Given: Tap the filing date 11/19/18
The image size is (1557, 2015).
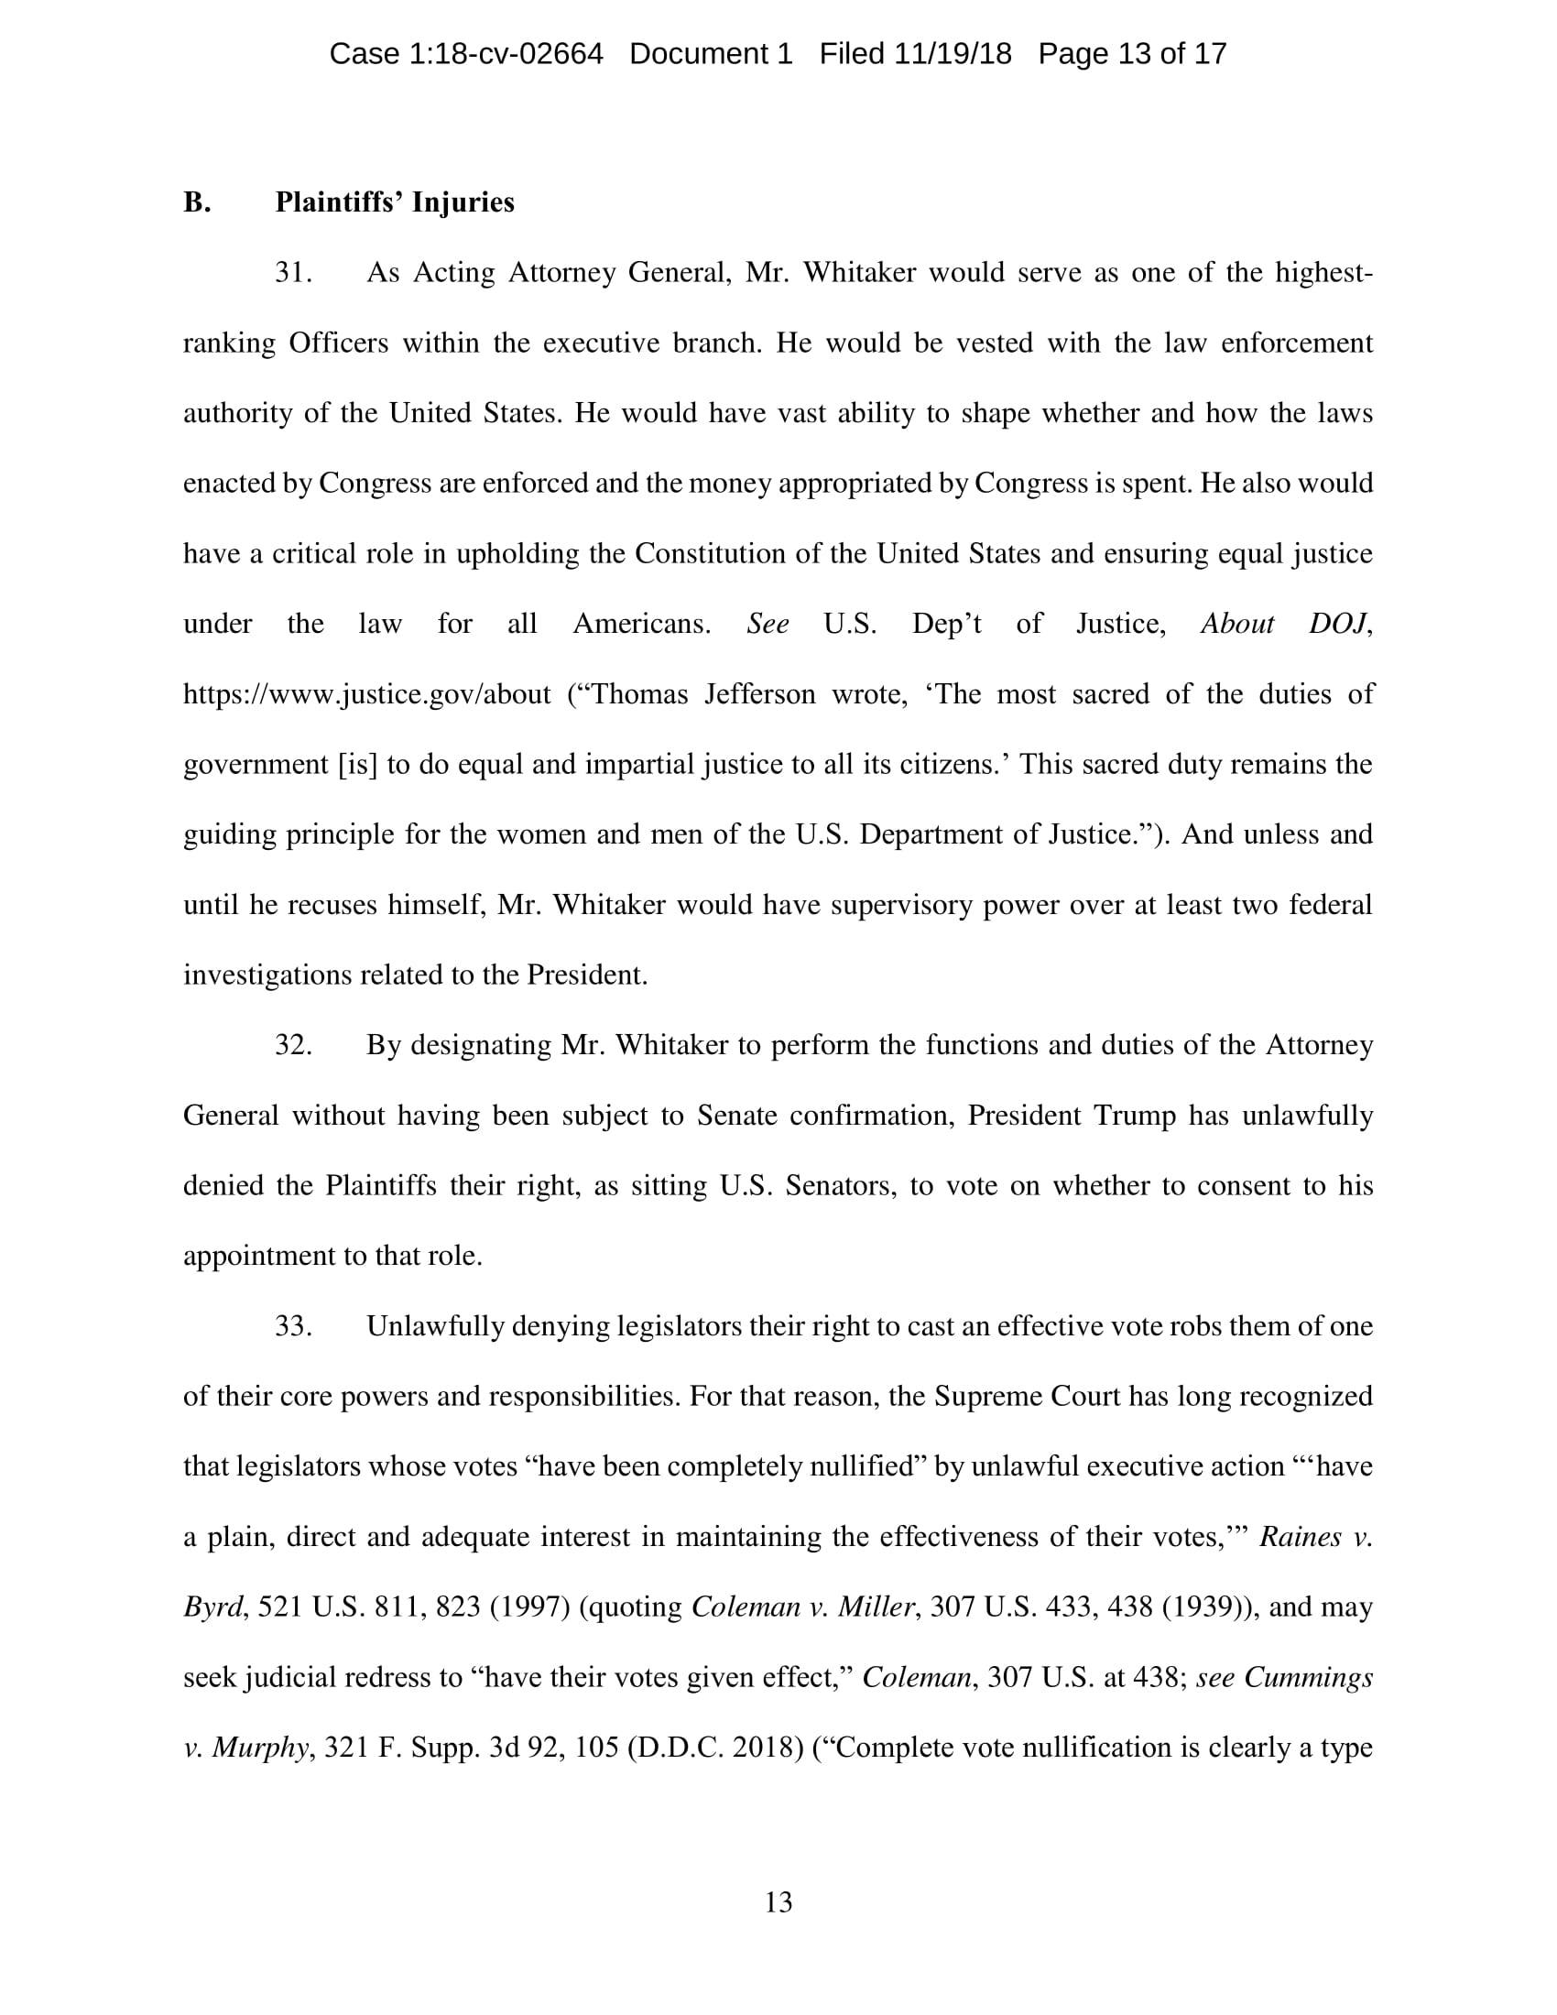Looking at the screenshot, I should tap(952, 54).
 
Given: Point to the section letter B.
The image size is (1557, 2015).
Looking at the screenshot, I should tap(197, 202).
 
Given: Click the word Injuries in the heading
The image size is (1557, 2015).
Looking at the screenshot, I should tap(463, 202).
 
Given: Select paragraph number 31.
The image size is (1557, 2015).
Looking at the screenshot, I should tap(293, 273).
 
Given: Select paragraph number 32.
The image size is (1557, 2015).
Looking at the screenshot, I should tap(293, 1045).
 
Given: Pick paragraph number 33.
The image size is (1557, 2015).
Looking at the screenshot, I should tap(293, 1327).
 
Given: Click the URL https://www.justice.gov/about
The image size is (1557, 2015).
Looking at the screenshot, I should tap(367, 694).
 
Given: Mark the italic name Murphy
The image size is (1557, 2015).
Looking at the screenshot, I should tap(259, 1748).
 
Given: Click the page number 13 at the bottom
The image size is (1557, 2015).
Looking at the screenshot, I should tap(778, 1902).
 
